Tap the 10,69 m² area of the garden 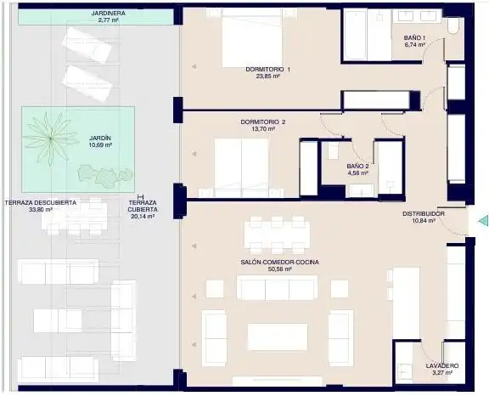click(x=100, y=145)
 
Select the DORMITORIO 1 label click(x=268, y=70)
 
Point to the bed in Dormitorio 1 click(x=252, y=38)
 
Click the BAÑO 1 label click(x=414, y=37)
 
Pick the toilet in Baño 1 click(x=452, y=25)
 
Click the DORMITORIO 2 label click(x=263, y=122)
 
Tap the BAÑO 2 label click(x=357, y=167)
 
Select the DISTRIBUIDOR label click(x=423, y=214)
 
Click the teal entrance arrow click(x=483, y=220)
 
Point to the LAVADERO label click(x=442, y=365)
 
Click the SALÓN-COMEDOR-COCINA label click(x=280, y=262)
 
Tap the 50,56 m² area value click(x=280, y=269)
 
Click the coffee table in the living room click(x=278, y=337)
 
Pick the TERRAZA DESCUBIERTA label click(x=41, y=203)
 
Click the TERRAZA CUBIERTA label click(x=143, y=206)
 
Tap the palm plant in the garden click(x=50, y=138)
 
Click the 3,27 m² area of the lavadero click(x=442, y=372)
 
